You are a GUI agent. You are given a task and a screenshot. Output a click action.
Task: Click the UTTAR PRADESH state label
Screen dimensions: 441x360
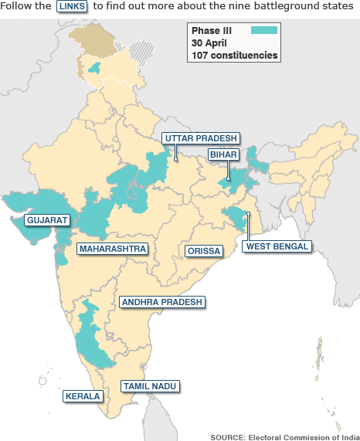tap(200, 138)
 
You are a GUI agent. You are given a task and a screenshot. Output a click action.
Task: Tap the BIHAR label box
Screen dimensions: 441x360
tap(223, 154)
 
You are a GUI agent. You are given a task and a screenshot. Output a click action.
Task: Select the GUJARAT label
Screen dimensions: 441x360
tap(47, 220)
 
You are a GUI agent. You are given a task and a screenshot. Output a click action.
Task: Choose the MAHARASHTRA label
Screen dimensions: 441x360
tap(113, 249)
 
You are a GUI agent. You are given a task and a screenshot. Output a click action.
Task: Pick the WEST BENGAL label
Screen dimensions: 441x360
tap(277, 247)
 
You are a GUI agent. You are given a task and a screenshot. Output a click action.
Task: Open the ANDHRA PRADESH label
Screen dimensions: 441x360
tap(162, 302)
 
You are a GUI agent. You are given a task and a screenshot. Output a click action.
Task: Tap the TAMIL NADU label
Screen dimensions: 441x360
tap(151, 385)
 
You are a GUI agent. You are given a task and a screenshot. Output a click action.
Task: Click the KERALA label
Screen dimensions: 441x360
tap(83, 396)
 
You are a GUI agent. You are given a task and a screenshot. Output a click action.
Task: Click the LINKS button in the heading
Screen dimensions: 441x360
tap(73, 6)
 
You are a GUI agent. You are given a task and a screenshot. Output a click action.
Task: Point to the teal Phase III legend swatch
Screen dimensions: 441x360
tap(264, 30)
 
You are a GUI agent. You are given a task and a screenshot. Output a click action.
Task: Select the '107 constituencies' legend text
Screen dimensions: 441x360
tap(235, 56)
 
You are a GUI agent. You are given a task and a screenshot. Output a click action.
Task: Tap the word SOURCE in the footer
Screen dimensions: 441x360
tap(227, 436)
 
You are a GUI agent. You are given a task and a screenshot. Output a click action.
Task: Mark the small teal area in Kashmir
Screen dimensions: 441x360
tap(96, 69)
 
